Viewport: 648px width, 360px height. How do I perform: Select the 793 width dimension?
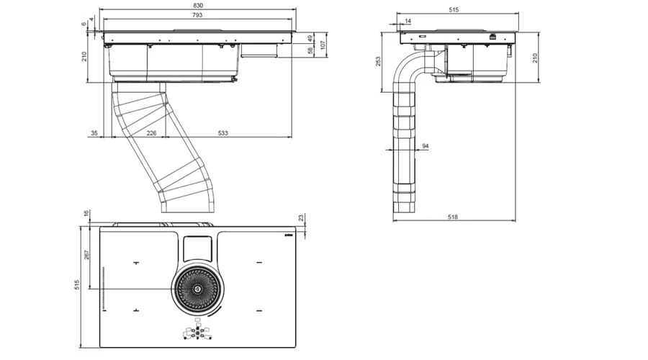coord(197,15)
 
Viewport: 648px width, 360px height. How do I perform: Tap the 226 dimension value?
coord(151,132)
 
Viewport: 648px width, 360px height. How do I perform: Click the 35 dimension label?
coord(95,132)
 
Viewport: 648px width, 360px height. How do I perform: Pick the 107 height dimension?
coord(323,45)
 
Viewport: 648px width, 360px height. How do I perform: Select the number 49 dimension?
coord(310,38)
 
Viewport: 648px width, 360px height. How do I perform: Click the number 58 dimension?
coord(310,51)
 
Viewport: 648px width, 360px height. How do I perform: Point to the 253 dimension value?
coord(379,61)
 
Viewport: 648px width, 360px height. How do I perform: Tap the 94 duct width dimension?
coord(426,146)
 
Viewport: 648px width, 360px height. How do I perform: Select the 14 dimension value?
coord(408,22)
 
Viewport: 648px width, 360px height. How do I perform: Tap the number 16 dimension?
coord(86,214)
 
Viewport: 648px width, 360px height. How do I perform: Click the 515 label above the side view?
coord(454,10)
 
